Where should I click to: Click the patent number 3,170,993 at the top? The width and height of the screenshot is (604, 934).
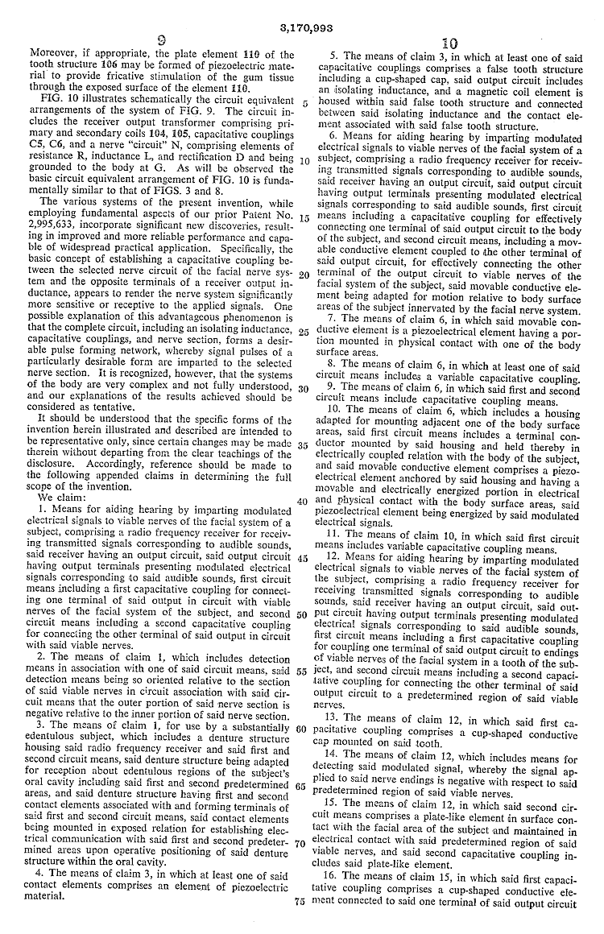coord(303,27)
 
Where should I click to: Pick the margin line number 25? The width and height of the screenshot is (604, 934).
coord(302,331)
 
